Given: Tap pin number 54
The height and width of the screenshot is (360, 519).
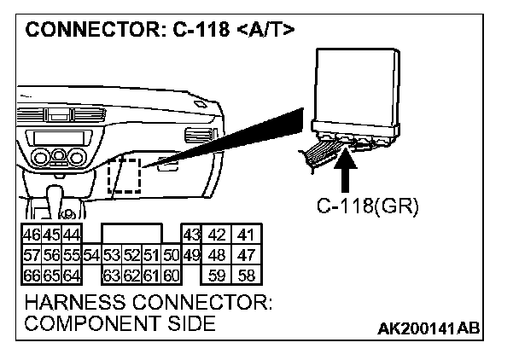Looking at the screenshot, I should (x=93, y=255).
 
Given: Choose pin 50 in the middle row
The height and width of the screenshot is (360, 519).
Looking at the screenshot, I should (x=171, y=255).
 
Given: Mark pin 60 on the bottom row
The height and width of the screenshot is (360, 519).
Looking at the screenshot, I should (x=171, y=274).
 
